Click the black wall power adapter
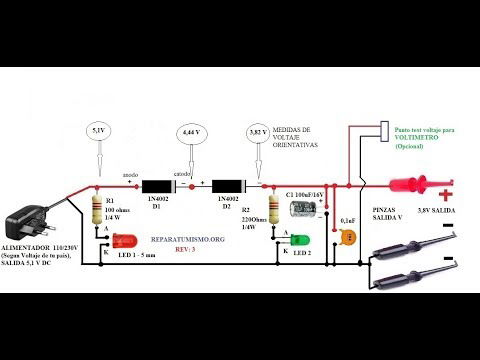coord(30,222)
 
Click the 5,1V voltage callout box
coord(97,131)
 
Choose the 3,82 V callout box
coord(256,131)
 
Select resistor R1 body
coord(96,211)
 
